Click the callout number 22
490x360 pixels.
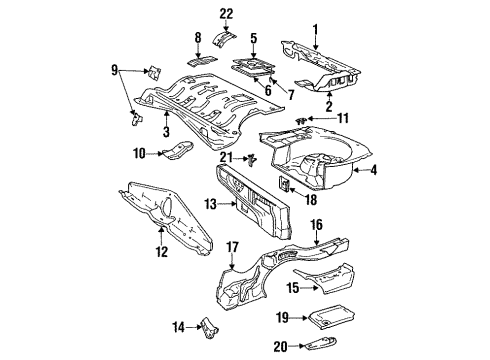point(226,15)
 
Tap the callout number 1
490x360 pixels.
point(315,29)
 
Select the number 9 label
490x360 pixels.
point(114,70)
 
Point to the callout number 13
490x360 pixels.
point(211,204)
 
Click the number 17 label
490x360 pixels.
point(233,247)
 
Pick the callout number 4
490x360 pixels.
point(373,170)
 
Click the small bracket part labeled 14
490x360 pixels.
point(209,328)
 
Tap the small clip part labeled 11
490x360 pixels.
point(301,120)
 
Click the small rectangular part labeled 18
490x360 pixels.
point(284,184)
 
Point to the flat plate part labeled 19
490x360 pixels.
point(332,316)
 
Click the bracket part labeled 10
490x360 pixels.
point(178,150)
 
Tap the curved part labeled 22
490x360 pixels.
point(224,38)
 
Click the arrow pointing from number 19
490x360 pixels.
point(299,318)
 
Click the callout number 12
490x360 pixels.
point(162,251)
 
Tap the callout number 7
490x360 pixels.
point(291,95)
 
